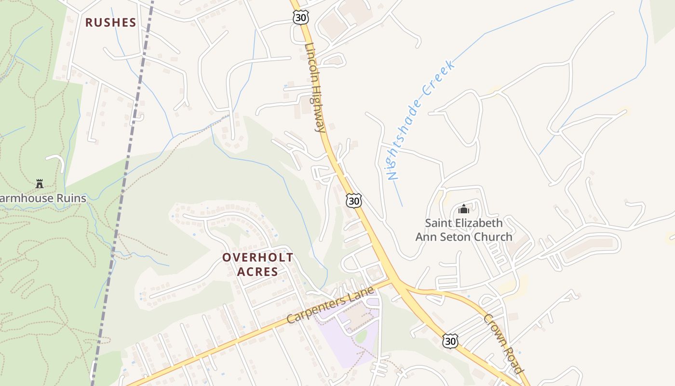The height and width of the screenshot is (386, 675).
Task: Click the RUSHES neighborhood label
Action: click(x=110, y=23)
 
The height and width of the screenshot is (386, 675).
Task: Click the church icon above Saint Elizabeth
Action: click(x=464, y=209)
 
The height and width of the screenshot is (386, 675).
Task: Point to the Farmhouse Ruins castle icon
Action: click(x=40, y=183)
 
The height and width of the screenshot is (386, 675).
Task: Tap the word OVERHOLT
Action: click(x=257, y=258)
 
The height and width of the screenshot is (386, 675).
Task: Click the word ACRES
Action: click(x=257, y=272)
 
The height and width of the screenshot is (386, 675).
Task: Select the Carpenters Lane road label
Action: click(x=330, y=305)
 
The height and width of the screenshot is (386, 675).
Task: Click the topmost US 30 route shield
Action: click(x=300, y=17)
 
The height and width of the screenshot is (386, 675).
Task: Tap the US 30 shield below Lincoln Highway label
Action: click(x=354, y=201)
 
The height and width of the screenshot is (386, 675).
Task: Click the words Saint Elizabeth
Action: click(x=463, y=223)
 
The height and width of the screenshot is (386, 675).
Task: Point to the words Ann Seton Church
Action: click(x=464, y=237)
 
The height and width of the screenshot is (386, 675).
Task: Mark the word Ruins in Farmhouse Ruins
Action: click(x=70, y=198)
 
